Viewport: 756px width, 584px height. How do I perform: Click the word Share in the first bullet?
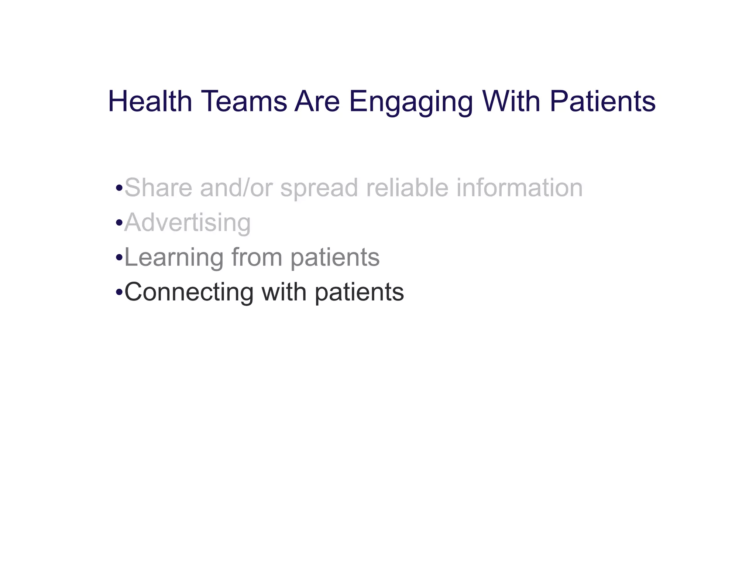click(x=158, y=188)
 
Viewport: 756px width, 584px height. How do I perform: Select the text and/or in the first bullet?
click(x=236, y=188)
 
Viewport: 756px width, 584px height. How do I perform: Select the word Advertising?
click(x=188, y=223)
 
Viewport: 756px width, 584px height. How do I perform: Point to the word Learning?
click(x=174, y=257)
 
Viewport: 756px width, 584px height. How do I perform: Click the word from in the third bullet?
click(x=257, y=257)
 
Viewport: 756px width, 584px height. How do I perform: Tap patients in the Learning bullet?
click(x=335, y=257)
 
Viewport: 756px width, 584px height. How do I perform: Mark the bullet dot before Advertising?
click(x=119, y=223)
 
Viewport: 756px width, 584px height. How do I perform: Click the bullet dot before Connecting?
click(x=119, y=293)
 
